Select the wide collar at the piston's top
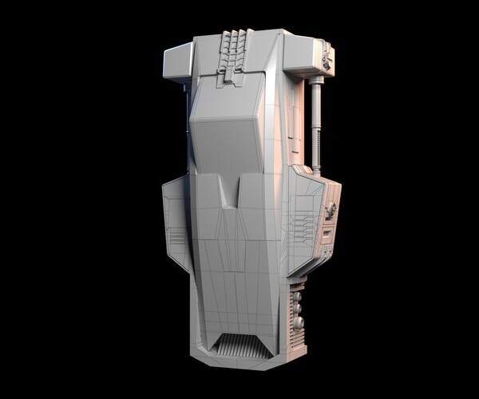coord(315,80)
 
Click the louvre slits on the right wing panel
coord(304,223)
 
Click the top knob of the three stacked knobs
coord(296,296)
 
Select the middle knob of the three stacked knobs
coord(297,308)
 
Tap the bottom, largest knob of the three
coord(299,323)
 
